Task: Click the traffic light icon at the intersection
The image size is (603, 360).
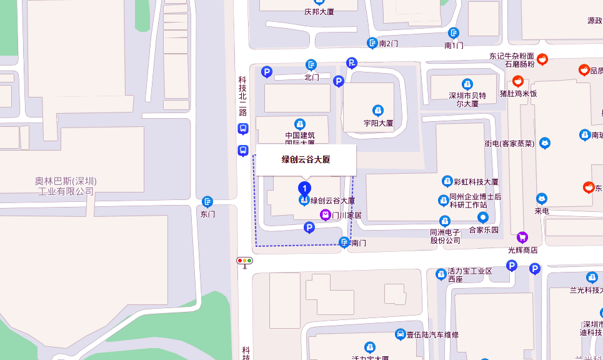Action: click(x=244, y=261)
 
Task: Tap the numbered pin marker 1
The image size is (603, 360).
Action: click(x=304, y=187)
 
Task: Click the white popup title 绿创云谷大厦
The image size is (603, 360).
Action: click(x=306, y=159)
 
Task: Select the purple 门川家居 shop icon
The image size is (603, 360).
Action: click(x=326, y=215)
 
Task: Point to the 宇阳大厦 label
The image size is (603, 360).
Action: click(x=378, y=123)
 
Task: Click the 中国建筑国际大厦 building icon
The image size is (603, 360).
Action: click(x=300, y=123)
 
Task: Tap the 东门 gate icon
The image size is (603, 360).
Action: click(x=207, y=202)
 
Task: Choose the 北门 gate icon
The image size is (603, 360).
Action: click(x=311, y=65)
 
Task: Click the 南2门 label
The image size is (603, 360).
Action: click(x=388, y=43)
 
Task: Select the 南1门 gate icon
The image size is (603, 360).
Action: click(x=454, y=33)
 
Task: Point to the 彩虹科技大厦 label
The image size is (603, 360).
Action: click(x=476, y=182)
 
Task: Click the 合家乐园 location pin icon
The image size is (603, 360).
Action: click(x=483, y=218)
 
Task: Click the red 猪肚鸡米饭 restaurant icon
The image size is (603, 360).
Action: click(x=517, y=81)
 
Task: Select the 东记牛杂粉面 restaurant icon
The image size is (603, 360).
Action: click(x=542, y=60)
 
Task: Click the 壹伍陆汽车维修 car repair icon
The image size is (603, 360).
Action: click(x=400, y=334)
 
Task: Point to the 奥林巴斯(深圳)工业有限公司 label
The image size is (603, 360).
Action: click(x=66, y=186)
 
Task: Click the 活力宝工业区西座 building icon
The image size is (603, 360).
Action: click(x=441, y=273)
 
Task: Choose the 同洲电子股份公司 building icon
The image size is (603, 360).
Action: click(x=444, y=221)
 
